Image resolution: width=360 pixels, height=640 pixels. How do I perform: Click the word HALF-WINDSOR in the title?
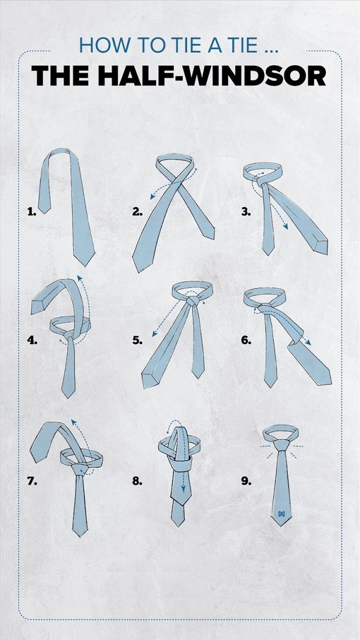point(212,76)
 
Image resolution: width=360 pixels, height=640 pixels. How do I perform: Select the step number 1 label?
point(32,211)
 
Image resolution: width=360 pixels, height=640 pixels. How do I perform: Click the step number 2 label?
point(137,211)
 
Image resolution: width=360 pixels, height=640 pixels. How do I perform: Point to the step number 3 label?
point(245,211)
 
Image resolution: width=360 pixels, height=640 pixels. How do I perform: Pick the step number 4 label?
point(32,340)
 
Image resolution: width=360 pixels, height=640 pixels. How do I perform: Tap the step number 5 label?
point(137,340)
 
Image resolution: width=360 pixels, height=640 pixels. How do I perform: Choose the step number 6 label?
point(246,340)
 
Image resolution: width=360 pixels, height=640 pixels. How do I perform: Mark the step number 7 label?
point(32,481)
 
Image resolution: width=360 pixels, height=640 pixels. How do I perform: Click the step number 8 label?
point(137,481)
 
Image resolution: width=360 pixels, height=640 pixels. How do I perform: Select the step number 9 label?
point(246,481)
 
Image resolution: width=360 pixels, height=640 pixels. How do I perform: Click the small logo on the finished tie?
point(281,513)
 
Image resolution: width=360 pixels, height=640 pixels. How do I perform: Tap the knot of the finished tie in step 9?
point(281,444)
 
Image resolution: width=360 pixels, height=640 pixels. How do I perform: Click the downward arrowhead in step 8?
point(183,489)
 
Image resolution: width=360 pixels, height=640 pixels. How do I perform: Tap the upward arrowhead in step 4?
point(79,278)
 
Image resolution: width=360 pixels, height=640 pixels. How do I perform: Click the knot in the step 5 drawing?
point(193,302)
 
